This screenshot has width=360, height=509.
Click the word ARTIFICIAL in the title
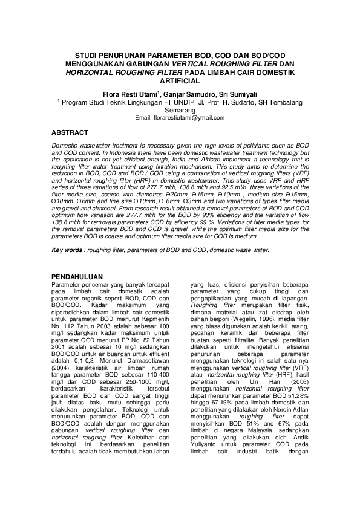click(x=180, y=80)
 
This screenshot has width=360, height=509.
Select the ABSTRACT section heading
click(x=70, y=132)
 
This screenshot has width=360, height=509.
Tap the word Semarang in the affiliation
click(x=179, y=111)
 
